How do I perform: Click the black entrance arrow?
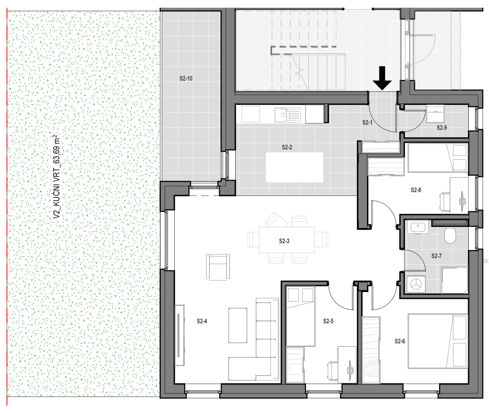coord(382,78)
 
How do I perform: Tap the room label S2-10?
coord(186,79)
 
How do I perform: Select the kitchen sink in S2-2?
coord(287,115)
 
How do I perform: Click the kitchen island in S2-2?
coord(294,167)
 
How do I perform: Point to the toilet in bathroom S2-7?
coord(450,235)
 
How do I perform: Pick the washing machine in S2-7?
coord(416,284)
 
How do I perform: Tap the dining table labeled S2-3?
coord(287,240)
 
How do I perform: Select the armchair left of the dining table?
coord(218,267)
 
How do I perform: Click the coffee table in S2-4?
coord(238,325)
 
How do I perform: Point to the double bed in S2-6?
coord(438,341)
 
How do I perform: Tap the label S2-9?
coord(442,128)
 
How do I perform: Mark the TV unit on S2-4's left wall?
coord(180,335)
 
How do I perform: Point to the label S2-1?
coord(367,123)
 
